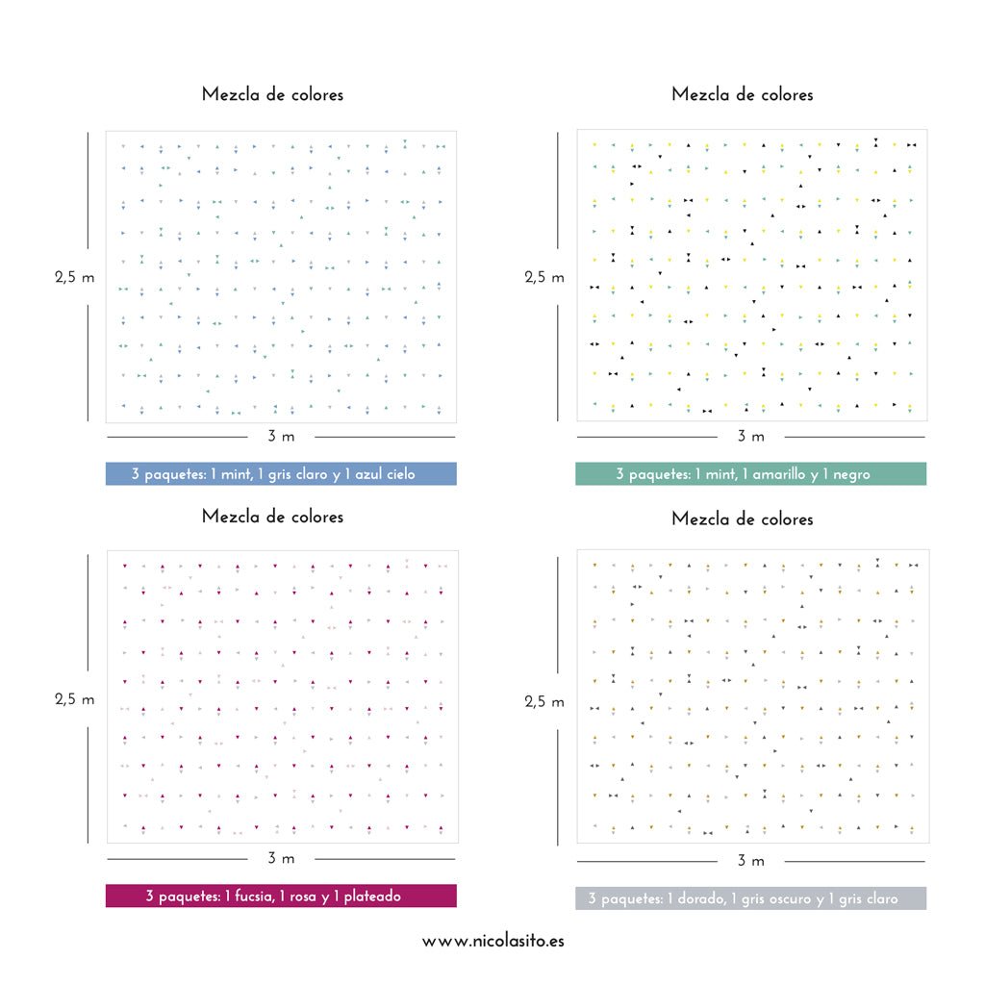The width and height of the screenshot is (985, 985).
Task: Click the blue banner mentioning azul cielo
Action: (x=280, y=474)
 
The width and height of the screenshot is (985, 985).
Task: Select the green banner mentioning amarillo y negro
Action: (x=750, y=474)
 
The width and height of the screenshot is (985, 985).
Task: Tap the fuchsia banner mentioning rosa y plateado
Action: (x=280, y=897)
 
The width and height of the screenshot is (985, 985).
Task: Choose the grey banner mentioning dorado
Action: (x=750, y=898)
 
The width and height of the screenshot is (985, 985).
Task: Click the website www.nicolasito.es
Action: (x=492, y=942)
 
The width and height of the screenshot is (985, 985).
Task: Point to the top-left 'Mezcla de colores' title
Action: (x=272, y=94)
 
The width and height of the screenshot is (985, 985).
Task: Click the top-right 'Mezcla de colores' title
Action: (x=743, y=94)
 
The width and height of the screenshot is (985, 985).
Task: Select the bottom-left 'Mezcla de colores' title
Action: (x=272, y=517)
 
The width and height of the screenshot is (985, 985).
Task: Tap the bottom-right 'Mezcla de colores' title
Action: (x=743, y=518)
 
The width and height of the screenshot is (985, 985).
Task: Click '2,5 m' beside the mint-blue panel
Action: (x=75, y=277)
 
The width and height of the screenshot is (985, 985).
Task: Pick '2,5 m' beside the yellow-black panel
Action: (x=544, y=277)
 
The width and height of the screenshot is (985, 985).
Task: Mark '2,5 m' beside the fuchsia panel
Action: (x=75, y=699)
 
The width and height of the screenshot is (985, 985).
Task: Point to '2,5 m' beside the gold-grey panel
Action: (x=544, y=701)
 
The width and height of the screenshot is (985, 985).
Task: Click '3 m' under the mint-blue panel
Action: (x=281, y=437)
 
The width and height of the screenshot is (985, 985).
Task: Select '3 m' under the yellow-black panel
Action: (x=750, y=437)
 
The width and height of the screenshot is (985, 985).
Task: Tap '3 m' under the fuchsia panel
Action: (x=281, y=858)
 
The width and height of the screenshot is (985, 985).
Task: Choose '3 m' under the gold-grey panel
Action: (x=750, y=860)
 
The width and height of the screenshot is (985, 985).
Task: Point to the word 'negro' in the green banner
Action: (x=850, y=474)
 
